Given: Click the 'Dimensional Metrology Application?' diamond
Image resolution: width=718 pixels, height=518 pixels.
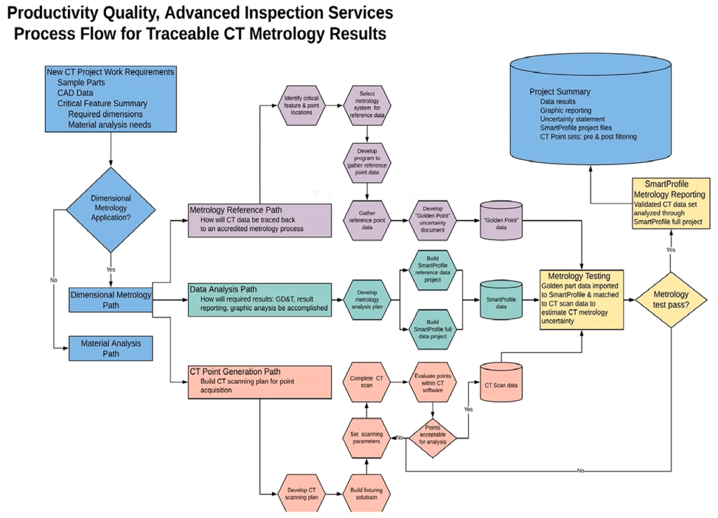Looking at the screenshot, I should (111, 208).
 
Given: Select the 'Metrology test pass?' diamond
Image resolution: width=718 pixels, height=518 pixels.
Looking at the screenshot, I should (670, 300).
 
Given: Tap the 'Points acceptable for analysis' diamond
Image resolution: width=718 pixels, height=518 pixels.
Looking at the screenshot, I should (433, 438).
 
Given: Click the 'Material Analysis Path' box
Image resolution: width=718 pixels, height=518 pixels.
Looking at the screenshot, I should (111, 348).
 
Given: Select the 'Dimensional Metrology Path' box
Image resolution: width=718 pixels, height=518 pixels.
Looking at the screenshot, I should (111, 300).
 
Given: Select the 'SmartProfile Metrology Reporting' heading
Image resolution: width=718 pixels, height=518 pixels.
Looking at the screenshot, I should (670, 188).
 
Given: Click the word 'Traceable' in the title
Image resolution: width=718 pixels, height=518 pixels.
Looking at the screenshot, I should (236, 33).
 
